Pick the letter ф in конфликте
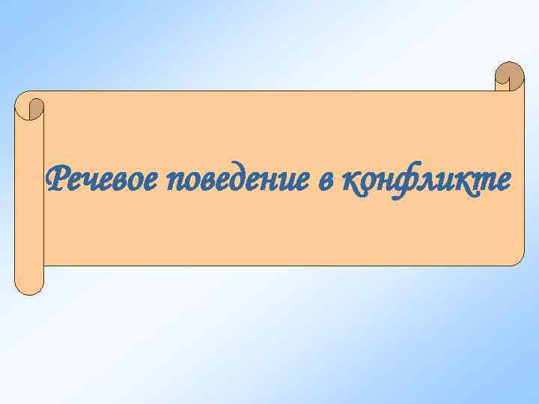point(406,181)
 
